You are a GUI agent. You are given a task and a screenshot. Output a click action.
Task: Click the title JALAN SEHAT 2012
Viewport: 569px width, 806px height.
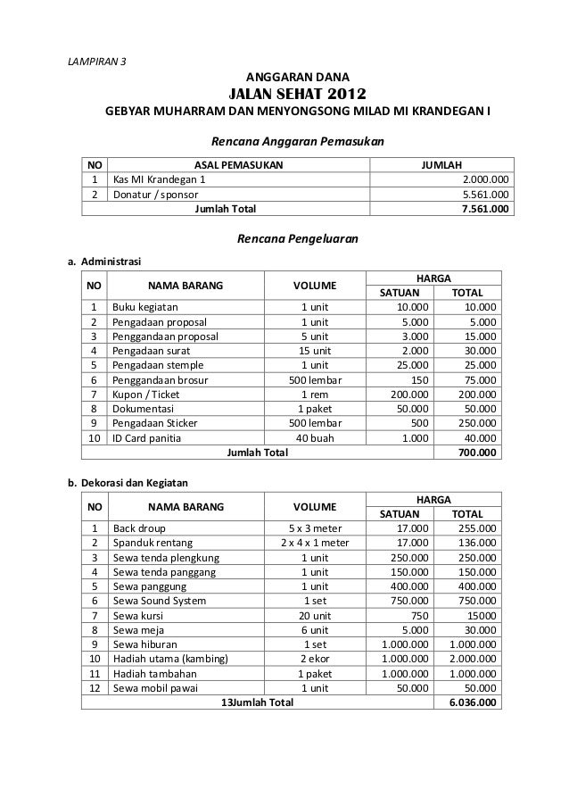click(297, 95)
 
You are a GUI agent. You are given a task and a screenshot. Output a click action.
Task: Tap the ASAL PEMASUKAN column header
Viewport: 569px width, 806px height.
click(238, 165)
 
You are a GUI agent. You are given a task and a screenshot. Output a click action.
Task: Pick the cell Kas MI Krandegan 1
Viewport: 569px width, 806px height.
click(157, 179)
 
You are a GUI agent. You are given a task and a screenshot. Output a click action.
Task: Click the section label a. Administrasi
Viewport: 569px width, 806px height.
click(98, 262)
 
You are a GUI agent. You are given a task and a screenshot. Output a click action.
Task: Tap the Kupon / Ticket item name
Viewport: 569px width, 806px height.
click(146, 394)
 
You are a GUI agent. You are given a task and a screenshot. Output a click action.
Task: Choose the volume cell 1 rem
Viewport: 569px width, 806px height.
click(315, 394)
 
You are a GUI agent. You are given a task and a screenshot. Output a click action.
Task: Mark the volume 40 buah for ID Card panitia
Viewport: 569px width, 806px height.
click(315, 437)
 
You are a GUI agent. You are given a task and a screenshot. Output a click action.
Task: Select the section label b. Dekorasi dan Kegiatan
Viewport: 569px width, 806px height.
click(128, 483)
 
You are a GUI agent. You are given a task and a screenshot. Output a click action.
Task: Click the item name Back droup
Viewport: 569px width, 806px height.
click(139, 528)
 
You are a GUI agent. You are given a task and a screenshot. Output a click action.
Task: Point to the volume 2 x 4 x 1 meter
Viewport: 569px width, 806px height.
click(315, 542)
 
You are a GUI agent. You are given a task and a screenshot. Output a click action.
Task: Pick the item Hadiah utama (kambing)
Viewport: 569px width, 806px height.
click(170, 659)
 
